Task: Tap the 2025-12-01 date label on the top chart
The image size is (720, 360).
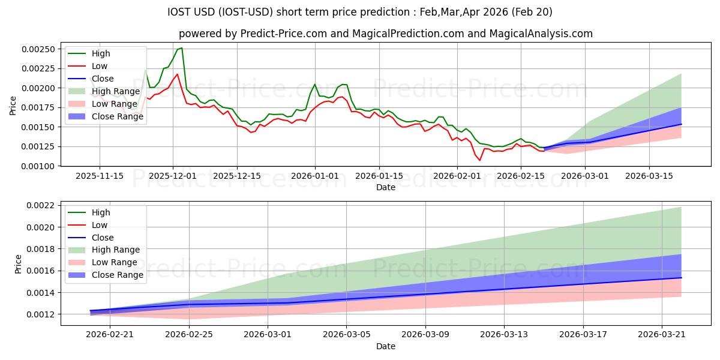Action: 173,176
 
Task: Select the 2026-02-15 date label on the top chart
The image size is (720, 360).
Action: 521,176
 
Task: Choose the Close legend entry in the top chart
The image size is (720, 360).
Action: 103,79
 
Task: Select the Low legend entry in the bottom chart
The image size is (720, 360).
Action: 100,225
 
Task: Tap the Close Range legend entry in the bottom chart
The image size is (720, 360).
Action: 118,275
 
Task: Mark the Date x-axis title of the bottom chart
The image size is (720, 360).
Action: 385,346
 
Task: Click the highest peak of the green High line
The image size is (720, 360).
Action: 182,48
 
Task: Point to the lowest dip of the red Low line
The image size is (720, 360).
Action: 479,160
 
